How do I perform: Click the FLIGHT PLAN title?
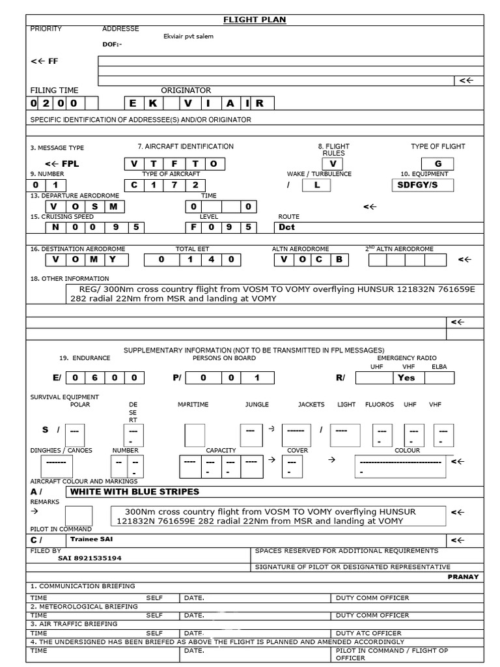click(x=255, y=20)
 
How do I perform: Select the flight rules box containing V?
click(x=332, y=164)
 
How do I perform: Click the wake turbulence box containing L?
click(x=316, y=185)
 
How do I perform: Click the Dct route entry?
click(x=287, y=227)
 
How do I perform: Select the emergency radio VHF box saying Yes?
click(x=406, y=378)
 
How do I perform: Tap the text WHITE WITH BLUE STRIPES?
click(x=134, y=492)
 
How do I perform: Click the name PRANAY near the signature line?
click(x=463, y=576)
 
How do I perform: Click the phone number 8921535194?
click(x=98, y=558)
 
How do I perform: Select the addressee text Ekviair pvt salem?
click(x=188, y=36)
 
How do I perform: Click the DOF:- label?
click(x=112, y=44)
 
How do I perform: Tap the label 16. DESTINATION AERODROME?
click(x=77, y=249)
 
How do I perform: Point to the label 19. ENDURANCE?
click(x=85, y=358)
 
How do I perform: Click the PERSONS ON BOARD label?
click(x=224, y=358)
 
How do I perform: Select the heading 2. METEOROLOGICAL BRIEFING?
click(x=84, y=606)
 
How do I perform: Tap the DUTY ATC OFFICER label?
click(x=368, y=633)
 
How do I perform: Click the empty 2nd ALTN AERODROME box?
click(x=408, y=260)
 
